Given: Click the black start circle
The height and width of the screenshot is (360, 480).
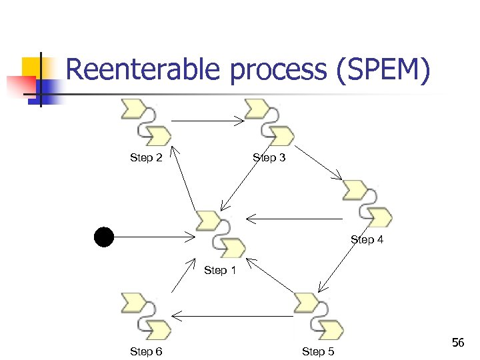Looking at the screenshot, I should pyautogui.click(x=104, y=237).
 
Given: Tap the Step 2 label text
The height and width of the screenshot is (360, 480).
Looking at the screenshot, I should pyautogui.click(x=146, y=158).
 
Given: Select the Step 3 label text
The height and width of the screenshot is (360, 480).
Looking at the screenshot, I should pyautogui.click(x=269, y=158).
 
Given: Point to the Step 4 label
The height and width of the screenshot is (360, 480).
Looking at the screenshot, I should pyautogui.click(x=367, y=239).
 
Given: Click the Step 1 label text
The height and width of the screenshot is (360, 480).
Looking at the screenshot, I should pyautogui.click(x=220, y=270).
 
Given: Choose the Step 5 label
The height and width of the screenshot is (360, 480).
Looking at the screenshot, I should pyautogui.click(x=318, y=351).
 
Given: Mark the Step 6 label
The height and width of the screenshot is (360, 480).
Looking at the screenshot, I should pyautogui.click(x=146, y=351).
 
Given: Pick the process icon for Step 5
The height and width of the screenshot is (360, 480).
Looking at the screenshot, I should pyautogui.click(x=318, y=315).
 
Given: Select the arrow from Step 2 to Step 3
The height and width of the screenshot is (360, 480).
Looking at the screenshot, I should pyautogui.click(x=208, y=121).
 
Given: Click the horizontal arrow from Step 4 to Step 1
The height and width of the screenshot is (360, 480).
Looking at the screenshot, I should pyautogui.click(x=293, y=218).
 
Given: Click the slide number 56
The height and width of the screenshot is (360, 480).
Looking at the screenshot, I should pyautogui.click(x=457, y=343).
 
